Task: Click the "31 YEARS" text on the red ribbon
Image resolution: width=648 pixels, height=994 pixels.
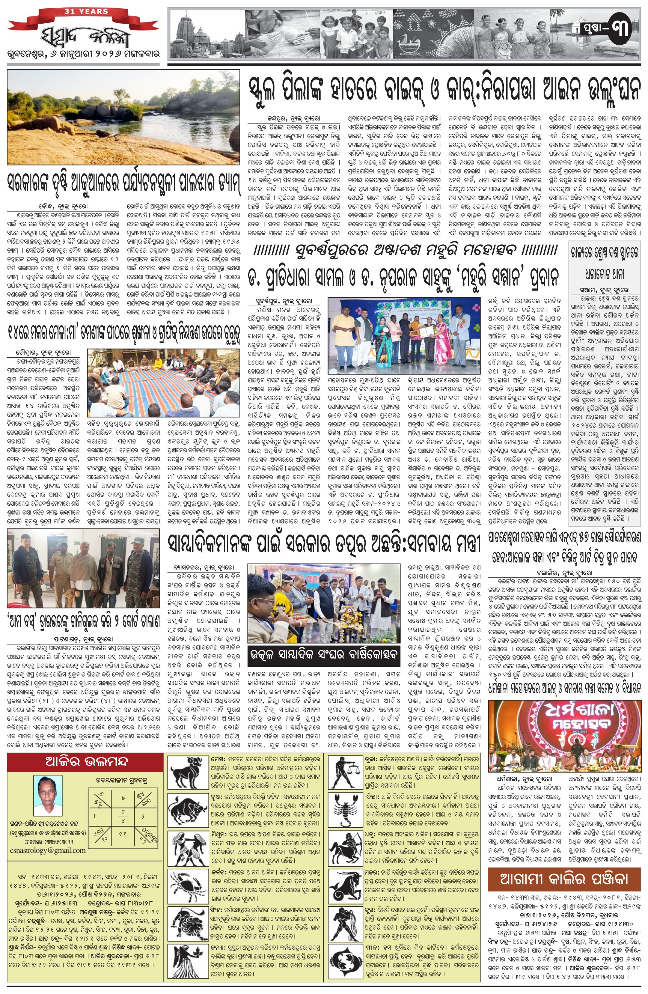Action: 86,12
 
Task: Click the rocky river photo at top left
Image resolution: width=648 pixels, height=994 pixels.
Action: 124,117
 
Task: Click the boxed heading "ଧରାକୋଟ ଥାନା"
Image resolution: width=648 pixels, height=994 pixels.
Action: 604,274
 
